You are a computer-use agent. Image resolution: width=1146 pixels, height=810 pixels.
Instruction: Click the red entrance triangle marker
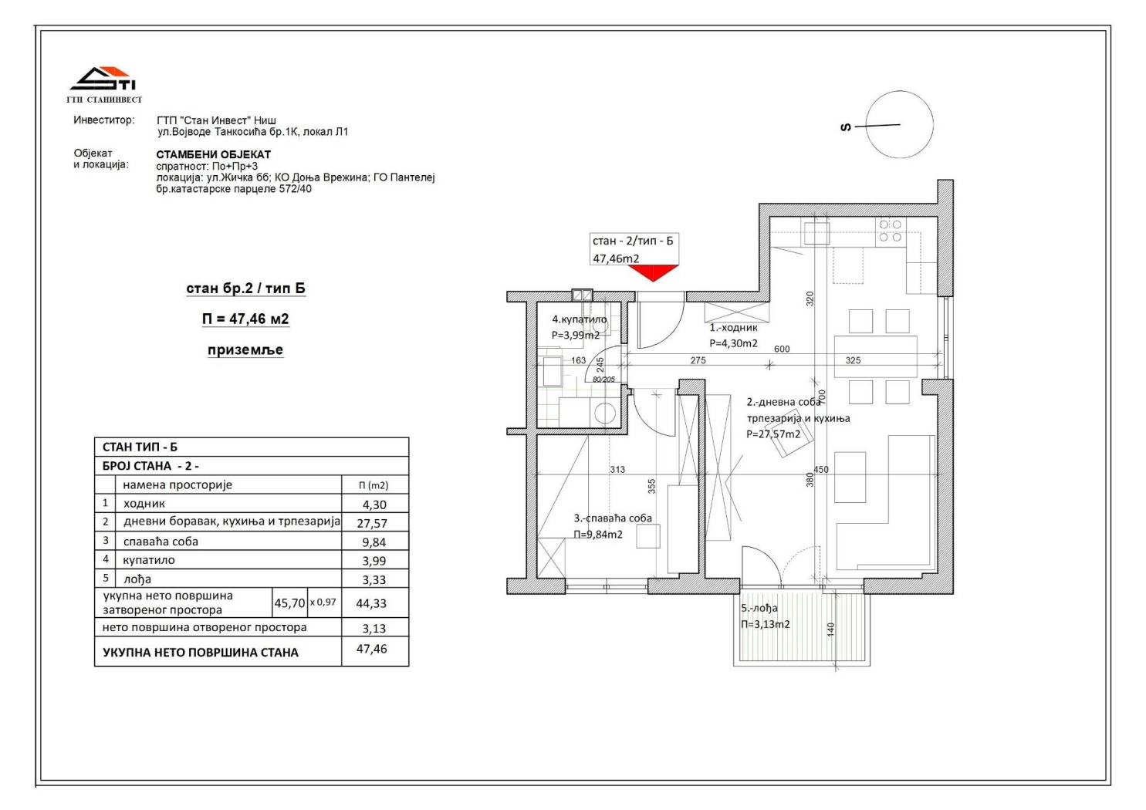click(x=653, y=272)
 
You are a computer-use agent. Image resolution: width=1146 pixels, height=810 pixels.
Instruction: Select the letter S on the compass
click(x=846, y=127)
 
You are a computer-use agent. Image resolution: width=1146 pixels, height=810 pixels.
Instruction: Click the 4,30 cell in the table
click(x=374, y=505)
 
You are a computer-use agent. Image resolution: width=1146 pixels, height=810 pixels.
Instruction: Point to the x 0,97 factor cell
click(x=323, y=602)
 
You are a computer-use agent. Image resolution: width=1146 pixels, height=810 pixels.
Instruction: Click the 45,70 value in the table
click(x=289, y=603)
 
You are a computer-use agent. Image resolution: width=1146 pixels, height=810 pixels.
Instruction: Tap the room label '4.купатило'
click(x=579, y=319)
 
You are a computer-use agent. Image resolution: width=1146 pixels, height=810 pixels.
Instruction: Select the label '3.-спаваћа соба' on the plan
click(x=613, y=518)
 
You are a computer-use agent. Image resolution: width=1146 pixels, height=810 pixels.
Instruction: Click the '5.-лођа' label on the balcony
click(x=759, y=608)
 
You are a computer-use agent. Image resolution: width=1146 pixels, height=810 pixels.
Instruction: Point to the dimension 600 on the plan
click(x=782, y=349)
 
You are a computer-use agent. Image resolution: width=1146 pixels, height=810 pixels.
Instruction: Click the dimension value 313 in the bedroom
click(x=617, y=470)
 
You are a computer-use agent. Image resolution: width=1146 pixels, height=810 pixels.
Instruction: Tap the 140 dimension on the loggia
click(x=830, y=629)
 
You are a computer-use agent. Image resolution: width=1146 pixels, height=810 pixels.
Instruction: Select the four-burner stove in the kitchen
click(x=891, y=231)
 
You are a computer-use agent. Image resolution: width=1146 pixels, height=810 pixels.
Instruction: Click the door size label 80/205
click(x=603, y=380)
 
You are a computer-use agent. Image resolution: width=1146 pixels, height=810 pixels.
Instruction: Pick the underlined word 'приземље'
click(x=245, y=349)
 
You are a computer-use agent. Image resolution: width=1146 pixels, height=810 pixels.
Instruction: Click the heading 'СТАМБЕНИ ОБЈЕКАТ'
click(x=213, y=154)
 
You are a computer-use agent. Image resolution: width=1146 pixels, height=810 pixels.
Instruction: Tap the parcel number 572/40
click(x=296, y=189)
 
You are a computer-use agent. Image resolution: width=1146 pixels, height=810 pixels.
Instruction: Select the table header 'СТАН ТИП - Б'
click(x=140, y=447)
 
